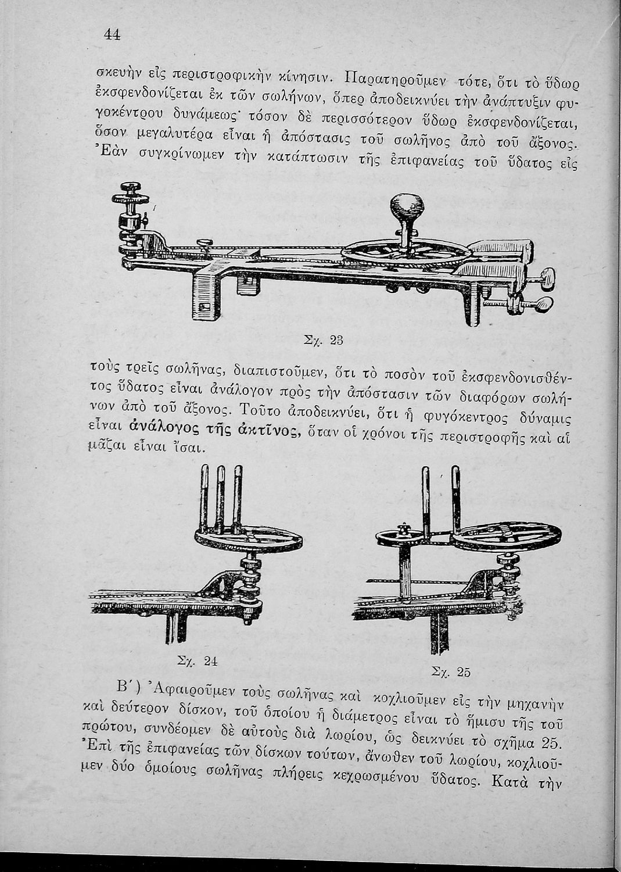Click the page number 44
(x=112, y=34)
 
